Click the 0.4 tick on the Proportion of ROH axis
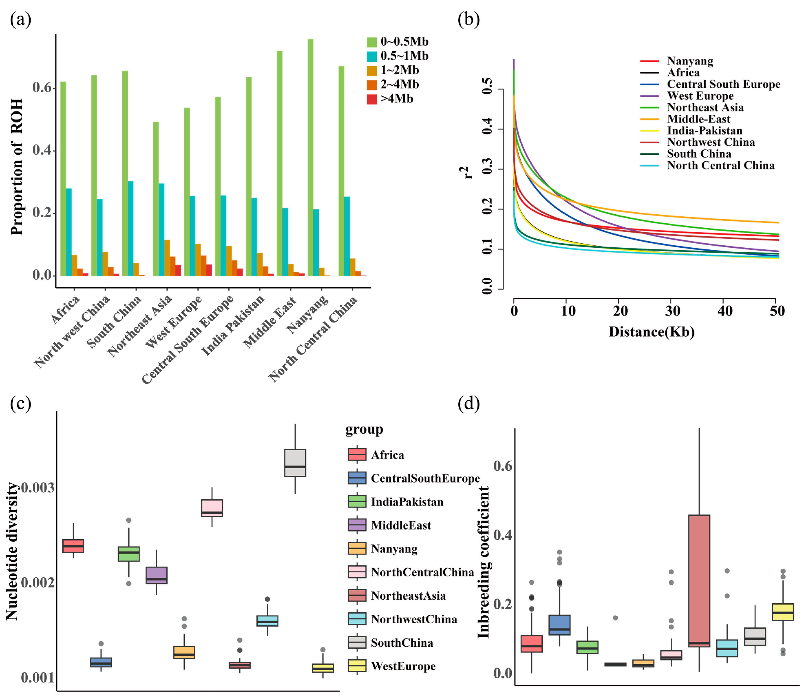coord(42,151)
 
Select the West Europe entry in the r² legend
coord(700,96)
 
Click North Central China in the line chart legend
coord(720,165)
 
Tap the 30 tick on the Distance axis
coord(673,311)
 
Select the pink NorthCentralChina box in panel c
coord(212,508)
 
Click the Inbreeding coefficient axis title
coord(483,562)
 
